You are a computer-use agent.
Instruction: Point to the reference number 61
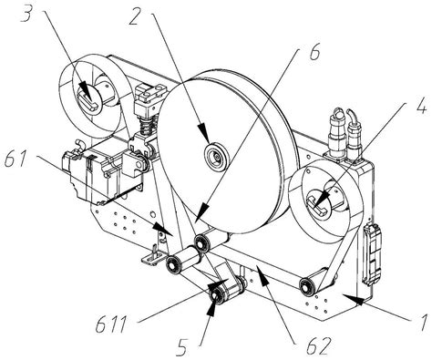coord(17,159)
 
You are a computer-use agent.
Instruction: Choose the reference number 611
coord(111,325)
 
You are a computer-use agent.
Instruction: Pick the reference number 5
coord(182,347)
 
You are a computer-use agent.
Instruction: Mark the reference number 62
coord(319,345)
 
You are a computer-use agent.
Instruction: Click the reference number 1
coord(423,323)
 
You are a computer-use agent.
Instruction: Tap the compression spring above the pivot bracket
coord(148,126)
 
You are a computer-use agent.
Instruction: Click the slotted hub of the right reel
coord(319,203)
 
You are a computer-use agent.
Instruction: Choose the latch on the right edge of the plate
coord(373,254)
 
